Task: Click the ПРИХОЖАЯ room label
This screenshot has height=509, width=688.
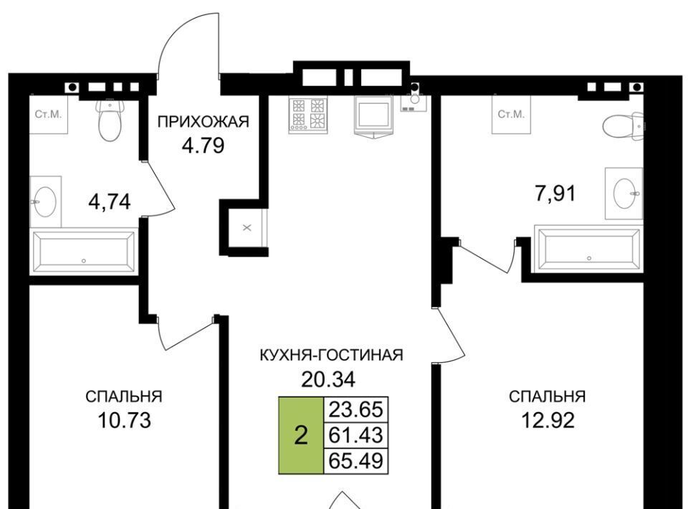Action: (x=203, y=121)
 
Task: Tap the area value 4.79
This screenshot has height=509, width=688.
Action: (x=203, y=146)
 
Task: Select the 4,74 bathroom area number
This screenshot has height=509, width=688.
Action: (x=110, y=202)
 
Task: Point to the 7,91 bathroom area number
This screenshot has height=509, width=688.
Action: (x=555, y=193)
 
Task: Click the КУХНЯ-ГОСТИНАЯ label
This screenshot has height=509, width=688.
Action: (x=331, y=355)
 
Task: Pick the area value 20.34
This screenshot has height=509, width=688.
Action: (x=328, y=379)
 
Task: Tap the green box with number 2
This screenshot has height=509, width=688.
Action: (x=301, y=436)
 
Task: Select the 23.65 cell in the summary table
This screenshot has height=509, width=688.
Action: (x=356, y=410)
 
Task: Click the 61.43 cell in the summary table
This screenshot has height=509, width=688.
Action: (x=356, y=435)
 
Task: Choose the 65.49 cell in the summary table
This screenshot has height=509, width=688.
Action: (x=356, y=461)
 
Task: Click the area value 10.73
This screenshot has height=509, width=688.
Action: (x=125, y=420)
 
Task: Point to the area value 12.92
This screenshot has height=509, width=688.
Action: (x=548, y=420)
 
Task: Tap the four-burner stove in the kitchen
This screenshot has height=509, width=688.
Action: (x=307, y=114)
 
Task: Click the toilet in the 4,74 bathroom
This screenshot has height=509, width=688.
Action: (x=110, y=119)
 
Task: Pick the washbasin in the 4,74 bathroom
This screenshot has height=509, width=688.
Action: (x=45, y=202)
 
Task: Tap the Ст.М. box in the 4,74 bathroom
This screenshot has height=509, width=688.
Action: (x=49, y=115)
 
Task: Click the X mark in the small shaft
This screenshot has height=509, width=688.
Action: (x=247, y=228)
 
